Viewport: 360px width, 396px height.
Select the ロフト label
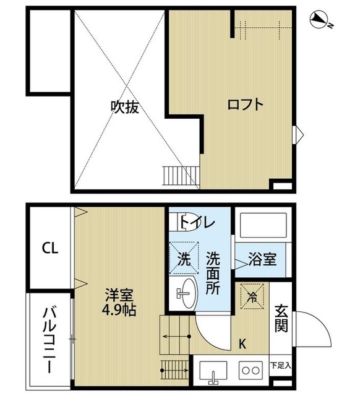click(x=245, y=104)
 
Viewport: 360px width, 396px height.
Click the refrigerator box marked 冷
click(x=253, y=296)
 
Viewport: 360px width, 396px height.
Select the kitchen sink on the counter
click(x=213, y=373)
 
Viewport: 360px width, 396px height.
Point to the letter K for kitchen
click(x=242, y=342)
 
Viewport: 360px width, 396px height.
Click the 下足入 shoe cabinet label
click(x=281, y=365)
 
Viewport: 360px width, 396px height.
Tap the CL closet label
click(x=50, y=249)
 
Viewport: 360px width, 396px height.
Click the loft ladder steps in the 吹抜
click(x=180, y=175)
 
